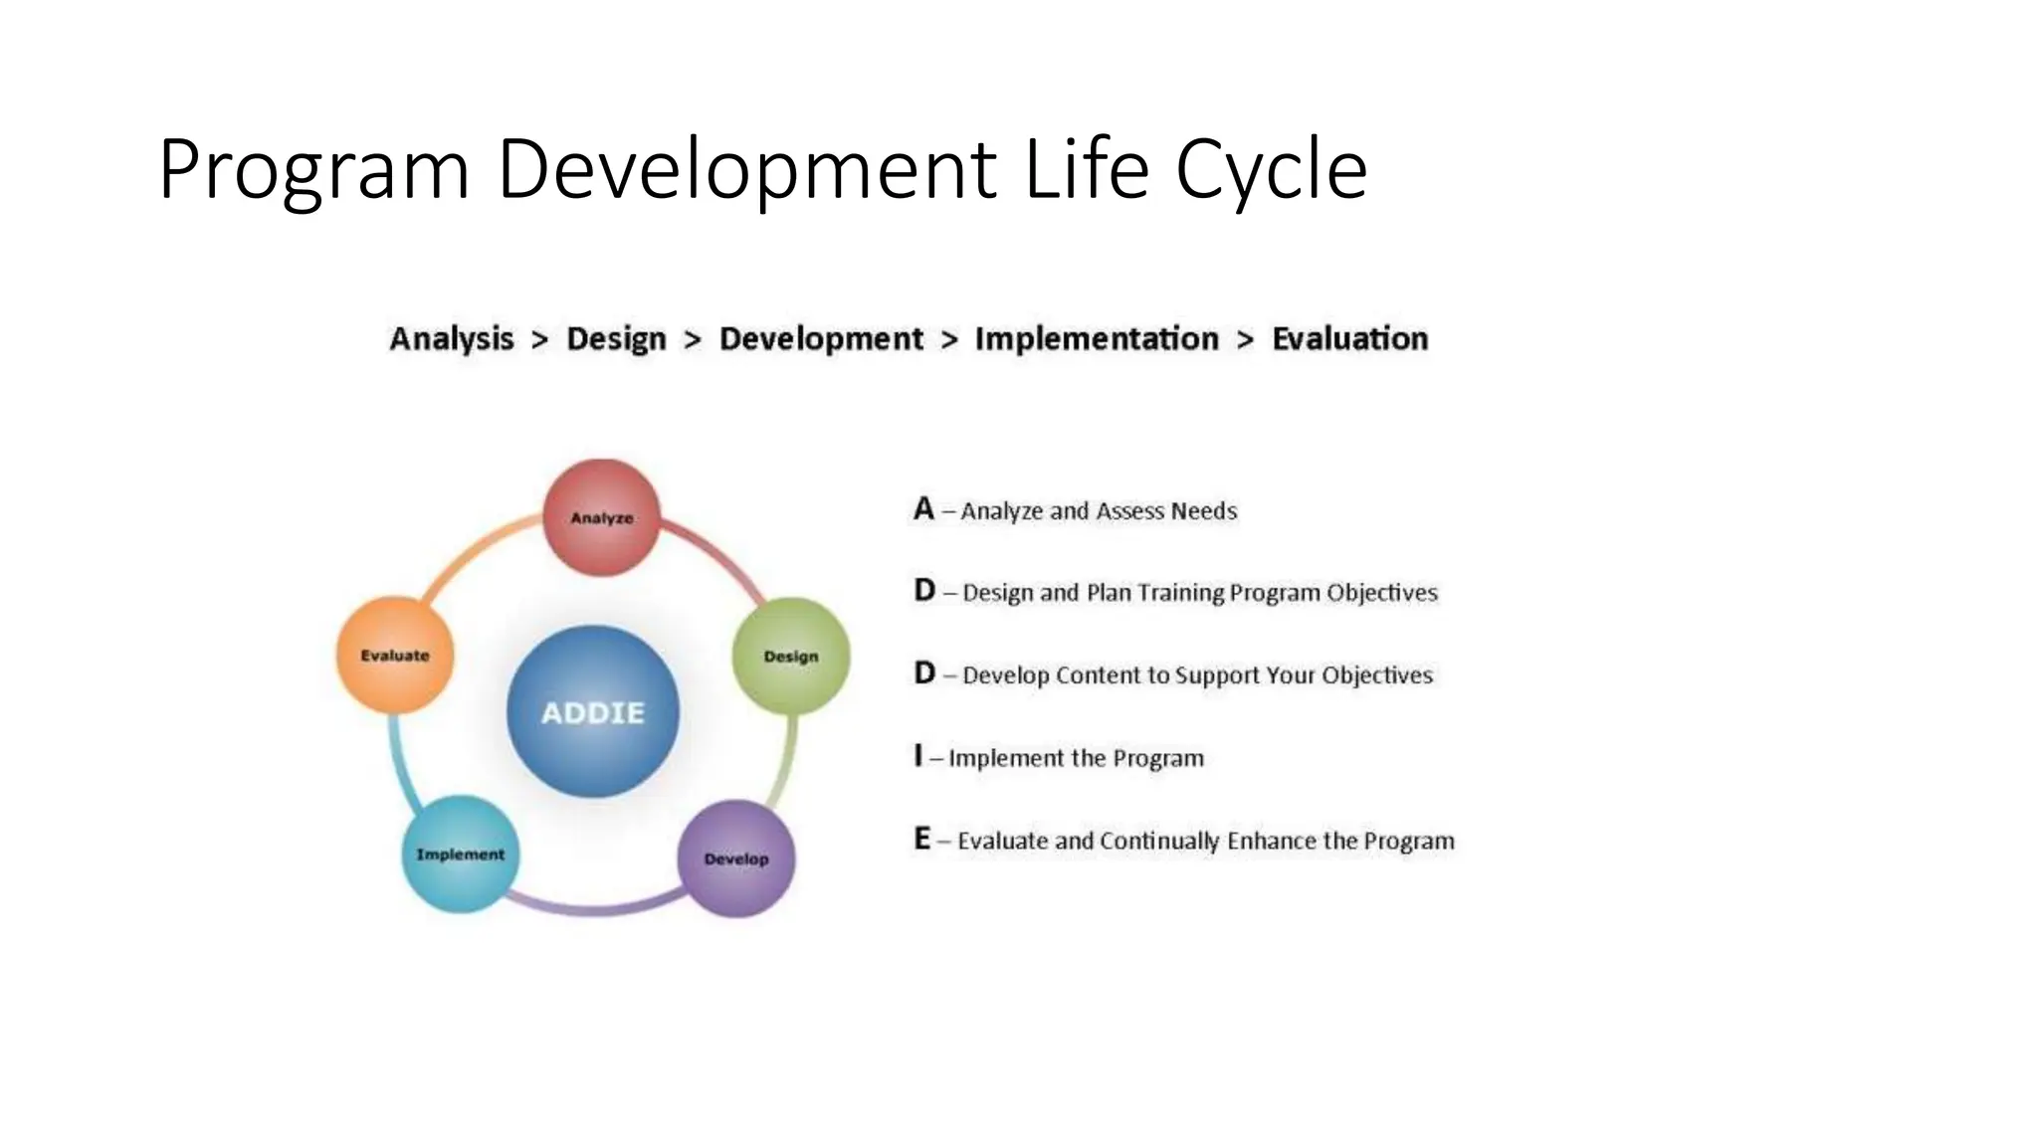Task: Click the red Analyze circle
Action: pyautogui.click(x=602, y=517)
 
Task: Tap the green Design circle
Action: pyautogui.click(x=791, y=656)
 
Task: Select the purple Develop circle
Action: pyautogui.click(x=736, y=859)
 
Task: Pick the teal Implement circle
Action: pyautogui.click(x=460, y=854)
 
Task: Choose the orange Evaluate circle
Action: pyautogui.click(x=395, y=655)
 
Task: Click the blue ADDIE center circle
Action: pyautogui.click(x=593, y=712)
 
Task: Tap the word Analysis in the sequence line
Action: pyautogui.click(x=452, y=339)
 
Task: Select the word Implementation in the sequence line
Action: pyautogui.click(x=1097, y=339)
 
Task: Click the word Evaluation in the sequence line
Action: pyautogui.click(x=1349, y=339)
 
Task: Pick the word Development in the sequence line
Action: pyautogui.click(x=821, y=339)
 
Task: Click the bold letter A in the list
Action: pyautogui.click(x=923, y=509)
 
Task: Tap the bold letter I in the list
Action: pyautogui.click(x=918, y=756)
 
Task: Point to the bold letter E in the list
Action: pyautogui.click(x=922, y=839)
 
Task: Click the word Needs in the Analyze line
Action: pyautogui.click(x=1204, y=511)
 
